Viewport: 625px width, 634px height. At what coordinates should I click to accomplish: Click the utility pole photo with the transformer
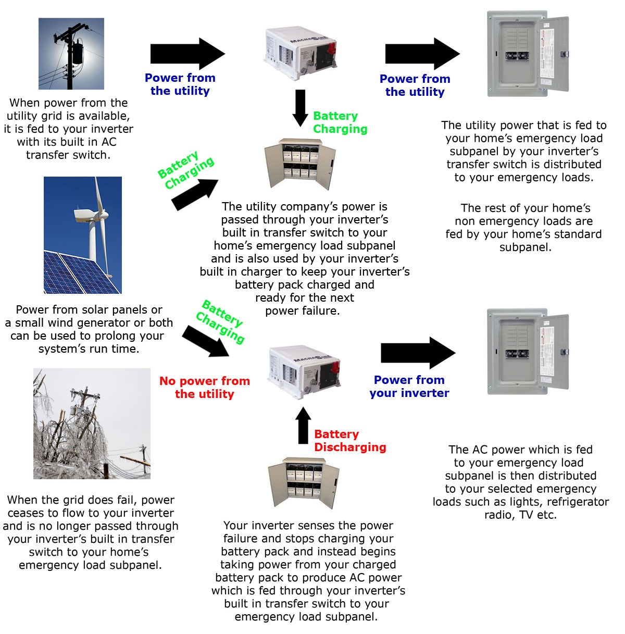[71, 54]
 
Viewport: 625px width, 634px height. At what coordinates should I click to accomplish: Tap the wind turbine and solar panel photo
[82, 235]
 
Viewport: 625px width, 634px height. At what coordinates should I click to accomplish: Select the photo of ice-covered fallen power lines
[92, 424]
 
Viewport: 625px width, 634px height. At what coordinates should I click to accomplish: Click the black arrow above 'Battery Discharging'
[303, 425]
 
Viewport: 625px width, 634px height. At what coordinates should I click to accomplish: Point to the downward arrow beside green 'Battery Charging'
[300, 107]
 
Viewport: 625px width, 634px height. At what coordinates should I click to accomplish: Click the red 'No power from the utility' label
[205, 388]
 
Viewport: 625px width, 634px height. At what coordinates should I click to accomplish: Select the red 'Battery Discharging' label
[350, 441]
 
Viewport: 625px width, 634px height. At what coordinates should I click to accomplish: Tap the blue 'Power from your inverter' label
[409, 387]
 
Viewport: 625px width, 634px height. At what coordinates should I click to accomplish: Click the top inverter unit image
[299, 53]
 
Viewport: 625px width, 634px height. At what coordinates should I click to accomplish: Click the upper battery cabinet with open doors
[301, 164]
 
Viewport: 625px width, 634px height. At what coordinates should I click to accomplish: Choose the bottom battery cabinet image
[304, 483]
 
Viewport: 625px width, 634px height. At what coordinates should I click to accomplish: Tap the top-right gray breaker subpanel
[528, 54]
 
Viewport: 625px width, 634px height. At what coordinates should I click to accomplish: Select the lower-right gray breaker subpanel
[528, 351]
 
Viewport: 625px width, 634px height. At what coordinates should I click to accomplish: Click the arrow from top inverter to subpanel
[421, 54]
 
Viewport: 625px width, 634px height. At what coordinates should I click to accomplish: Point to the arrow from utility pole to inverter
[186, 54]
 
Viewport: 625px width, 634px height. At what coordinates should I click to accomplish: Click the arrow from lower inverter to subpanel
[417, 353]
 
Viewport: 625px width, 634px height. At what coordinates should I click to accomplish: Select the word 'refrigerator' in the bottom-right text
[578, 502]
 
